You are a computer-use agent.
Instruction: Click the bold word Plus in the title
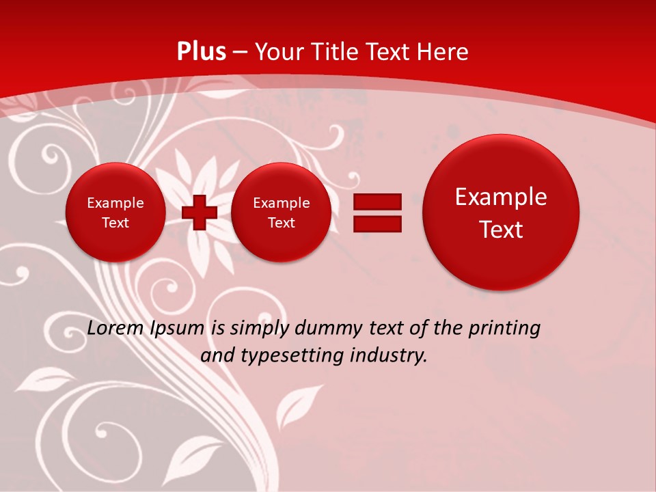[x=202, y=52]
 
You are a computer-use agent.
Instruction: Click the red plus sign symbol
[x=199, y=213]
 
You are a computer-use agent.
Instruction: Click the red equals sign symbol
[x=377, y=213]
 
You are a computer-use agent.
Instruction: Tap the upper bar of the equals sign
[x=377, y=202]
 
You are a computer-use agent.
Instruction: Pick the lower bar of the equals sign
[x=377, y=223]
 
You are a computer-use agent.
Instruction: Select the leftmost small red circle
[x=115, y=213]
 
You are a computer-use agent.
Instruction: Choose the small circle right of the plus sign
[x=281, y=213]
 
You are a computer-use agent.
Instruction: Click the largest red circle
[x=501, y=213]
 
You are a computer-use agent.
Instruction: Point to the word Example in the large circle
[x=501, y=197]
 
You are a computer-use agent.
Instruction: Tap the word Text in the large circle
[x=501, y=230]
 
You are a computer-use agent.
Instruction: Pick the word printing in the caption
[x=505, y=329]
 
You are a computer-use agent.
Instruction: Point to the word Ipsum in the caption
[x=177, y=329]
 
